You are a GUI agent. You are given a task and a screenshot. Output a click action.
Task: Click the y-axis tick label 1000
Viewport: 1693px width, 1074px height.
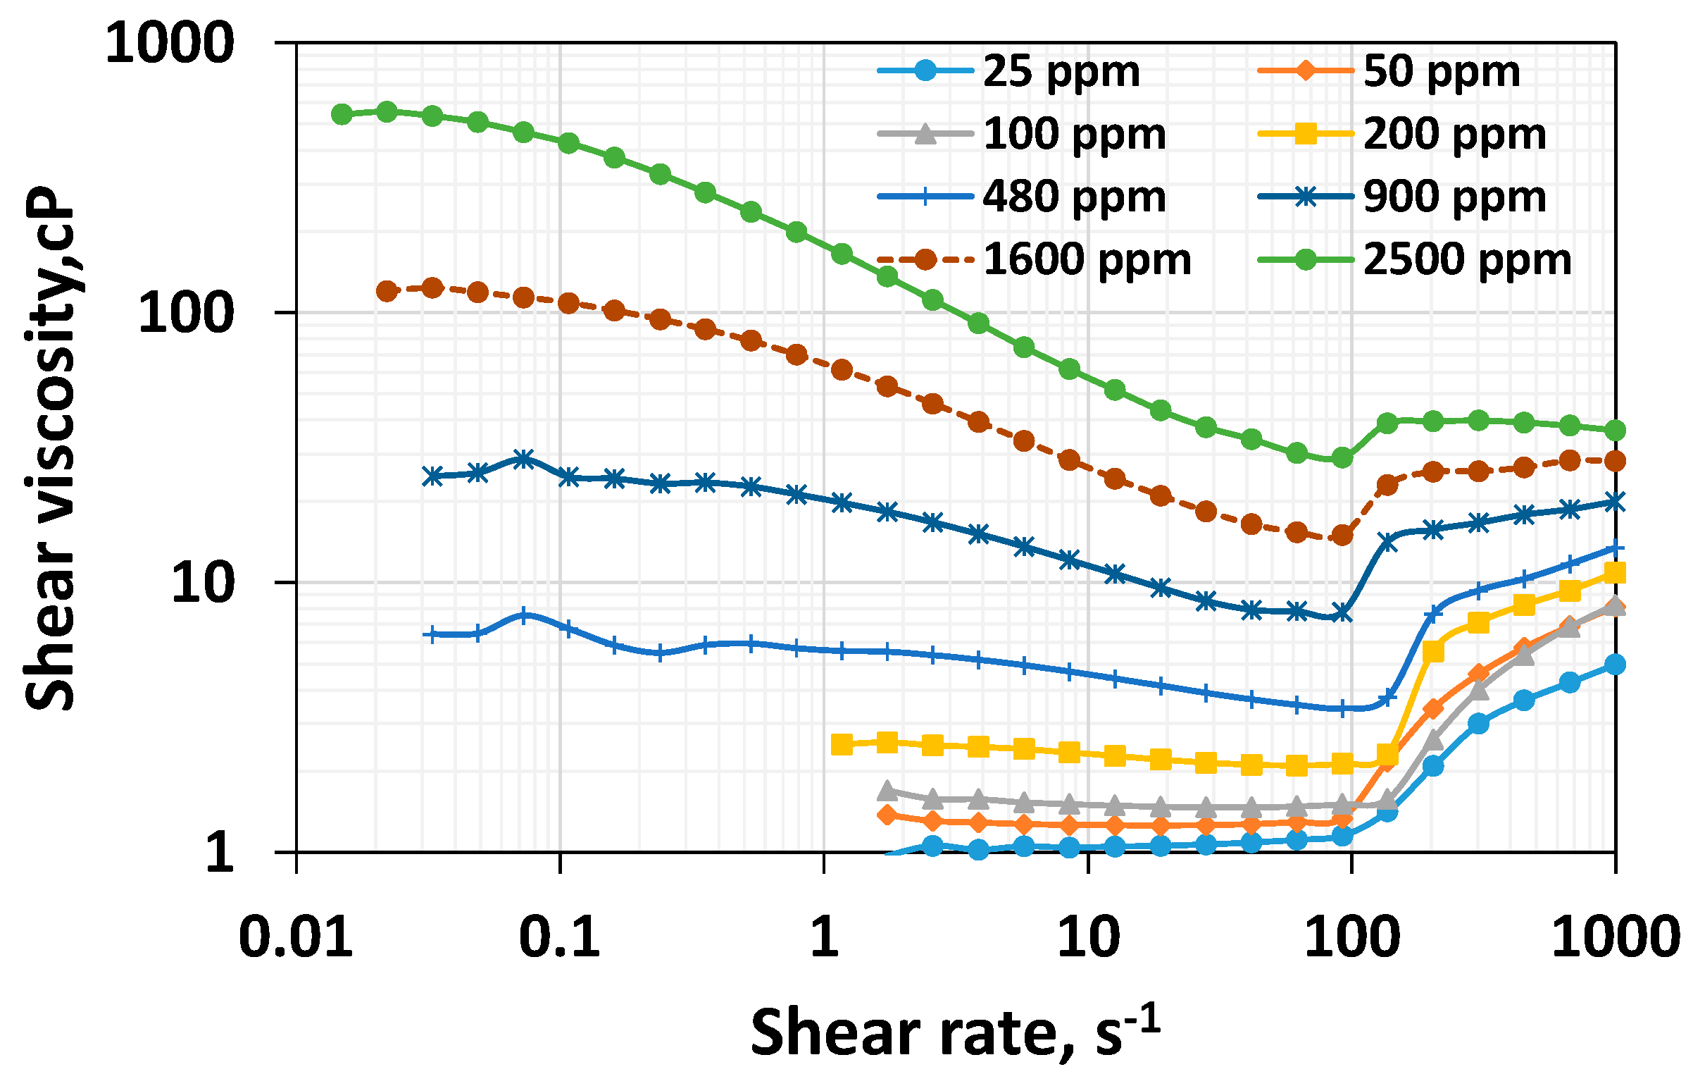(x=170, y=44)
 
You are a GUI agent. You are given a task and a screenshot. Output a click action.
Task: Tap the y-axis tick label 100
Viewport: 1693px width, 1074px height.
(x=186, y=313)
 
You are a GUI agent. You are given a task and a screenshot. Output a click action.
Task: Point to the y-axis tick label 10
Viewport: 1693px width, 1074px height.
(x=202, y=583)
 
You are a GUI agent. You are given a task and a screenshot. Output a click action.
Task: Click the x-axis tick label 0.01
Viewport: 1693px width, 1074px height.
(x=296, y=937)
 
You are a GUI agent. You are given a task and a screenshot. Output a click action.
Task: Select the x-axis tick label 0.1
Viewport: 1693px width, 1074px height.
(x=560, y=937)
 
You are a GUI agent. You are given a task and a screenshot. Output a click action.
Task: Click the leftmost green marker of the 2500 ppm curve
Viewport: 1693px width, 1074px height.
(x=342, y=114)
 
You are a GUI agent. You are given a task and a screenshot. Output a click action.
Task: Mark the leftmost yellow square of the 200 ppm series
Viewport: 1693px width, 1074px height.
(x=842, y=744)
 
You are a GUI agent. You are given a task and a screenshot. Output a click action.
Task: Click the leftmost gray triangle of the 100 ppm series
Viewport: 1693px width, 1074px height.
(x=887, y=791)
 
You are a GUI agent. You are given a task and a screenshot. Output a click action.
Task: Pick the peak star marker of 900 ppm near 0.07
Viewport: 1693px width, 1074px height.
(x=523, y=459)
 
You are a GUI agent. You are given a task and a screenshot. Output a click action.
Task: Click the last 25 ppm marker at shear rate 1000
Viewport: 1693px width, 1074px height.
(x=1615, y=665)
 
